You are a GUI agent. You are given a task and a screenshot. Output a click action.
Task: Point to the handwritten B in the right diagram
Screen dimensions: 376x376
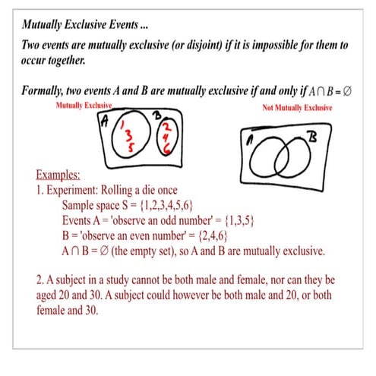(311, 140)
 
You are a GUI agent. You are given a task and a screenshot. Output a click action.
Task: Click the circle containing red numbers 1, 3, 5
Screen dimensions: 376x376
(125, 141)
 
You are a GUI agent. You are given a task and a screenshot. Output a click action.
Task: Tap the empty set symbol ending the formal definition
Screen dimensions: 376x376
(352, 92)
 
